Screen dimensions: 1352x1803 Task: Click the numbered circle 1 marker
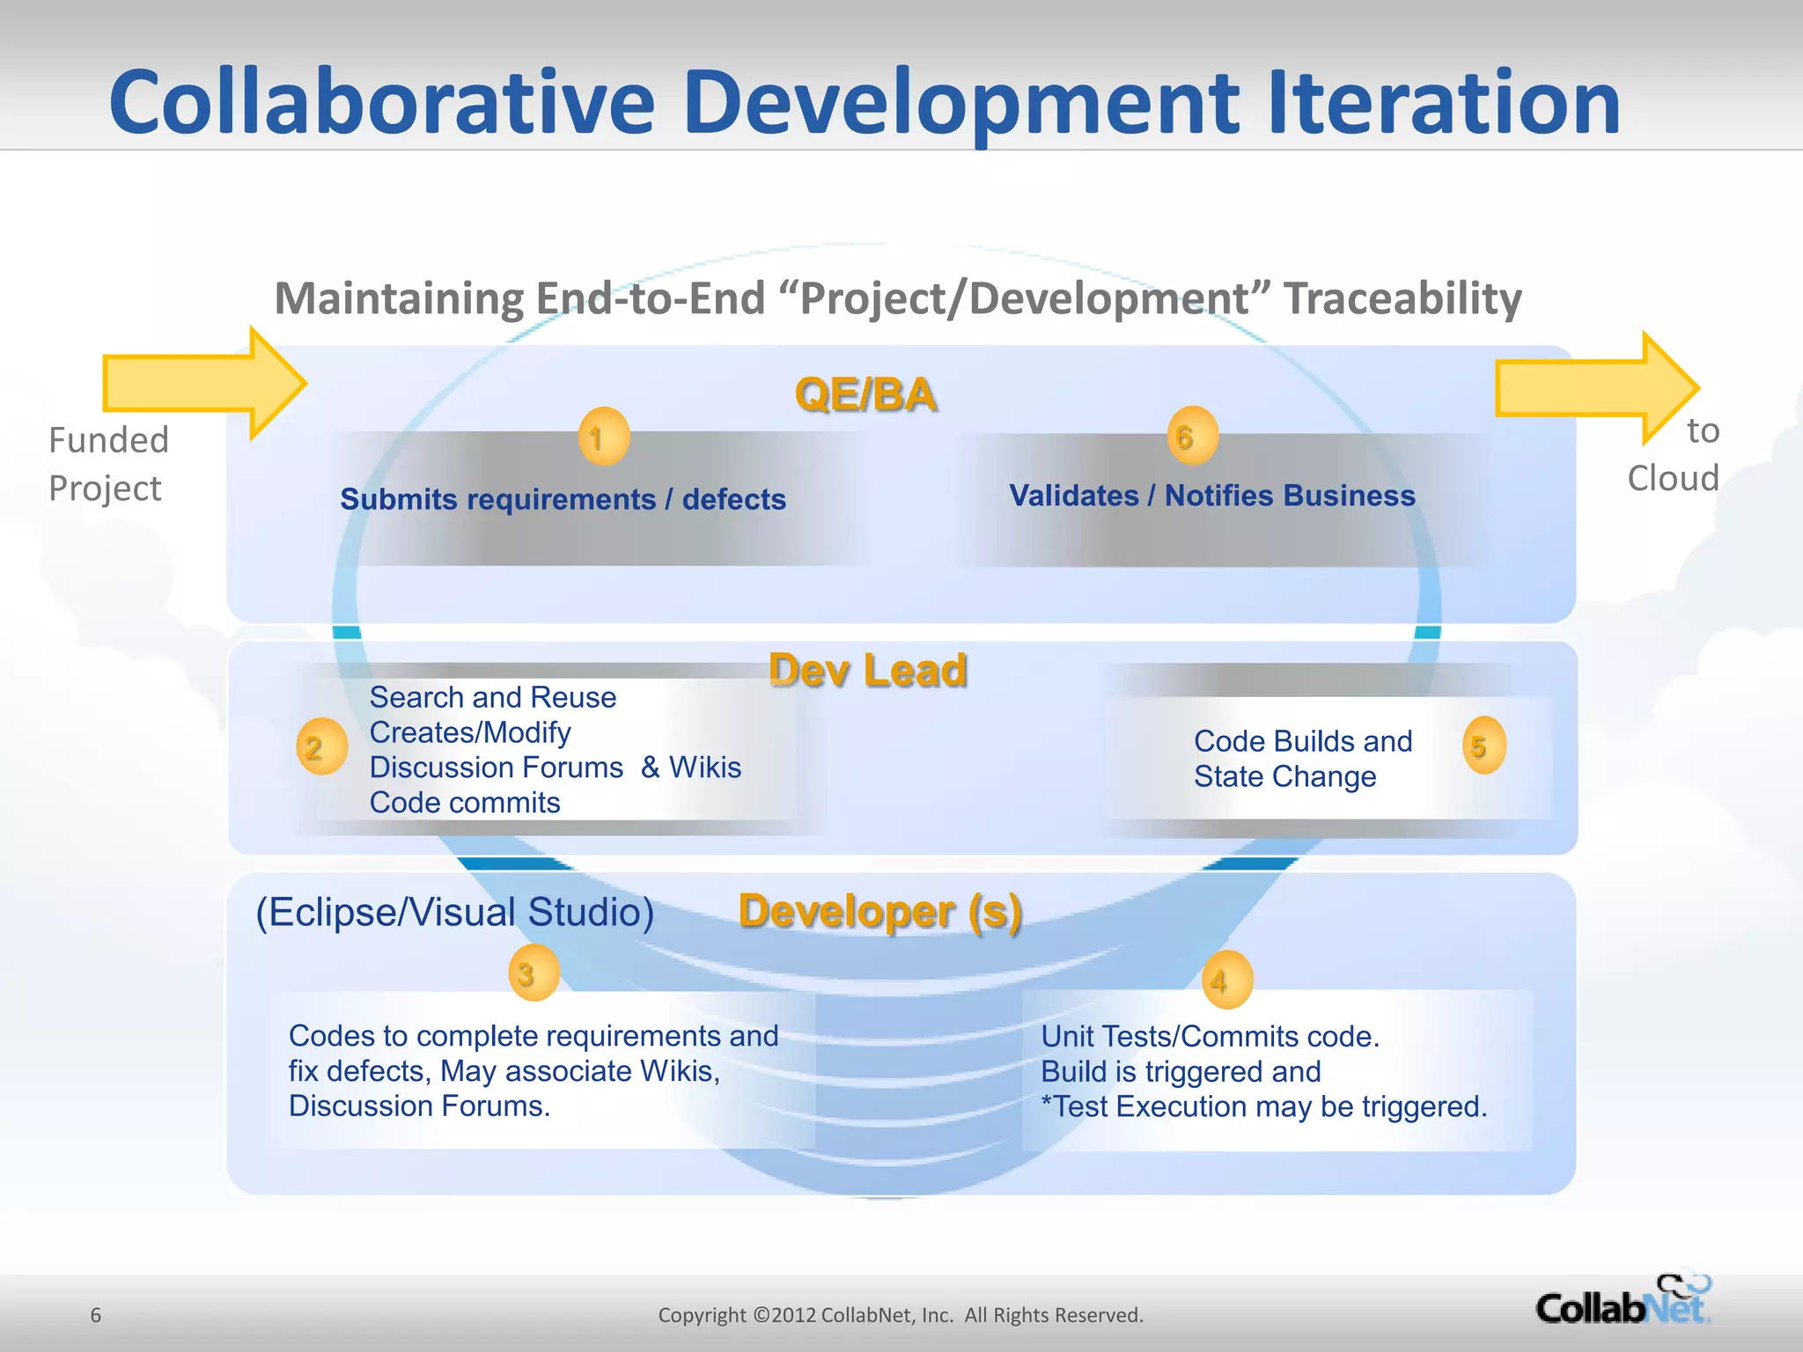(603, 437)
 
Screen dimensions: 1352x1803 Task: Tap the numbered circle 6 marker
(1192, 436)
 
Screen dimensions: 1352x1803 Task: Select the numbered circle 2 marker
(321, 746)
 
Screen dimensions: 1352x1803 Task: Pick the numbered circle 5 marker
(1483, 746)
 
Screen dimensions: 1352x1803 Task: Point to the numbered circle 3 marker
(534, 973)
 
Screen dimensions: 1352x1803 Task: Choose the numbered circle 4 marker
(1226, 980)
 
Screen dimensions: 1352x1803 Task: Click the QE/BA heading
(865, 394)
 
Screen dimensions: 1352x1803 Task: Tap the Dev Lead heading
(868, 671)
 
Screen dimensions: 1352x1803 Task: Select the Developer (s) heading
(880, 912)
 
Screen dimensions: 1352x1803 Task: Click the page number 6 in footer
(96, 1315)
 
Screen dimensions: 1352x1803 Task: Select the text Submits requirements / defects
(563, 499)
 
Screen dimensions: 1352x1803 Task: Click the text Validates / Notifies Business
(1211, 496)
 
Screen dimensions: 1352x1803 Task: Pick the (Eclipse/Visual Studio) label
(454, 912)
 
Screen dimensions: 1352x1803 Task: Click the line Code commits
(465, 803)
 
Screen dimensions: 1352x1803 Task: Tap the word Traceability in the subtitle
(1402, 298)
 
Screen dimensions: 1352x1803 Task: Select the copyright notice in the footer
(901, 1315)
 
